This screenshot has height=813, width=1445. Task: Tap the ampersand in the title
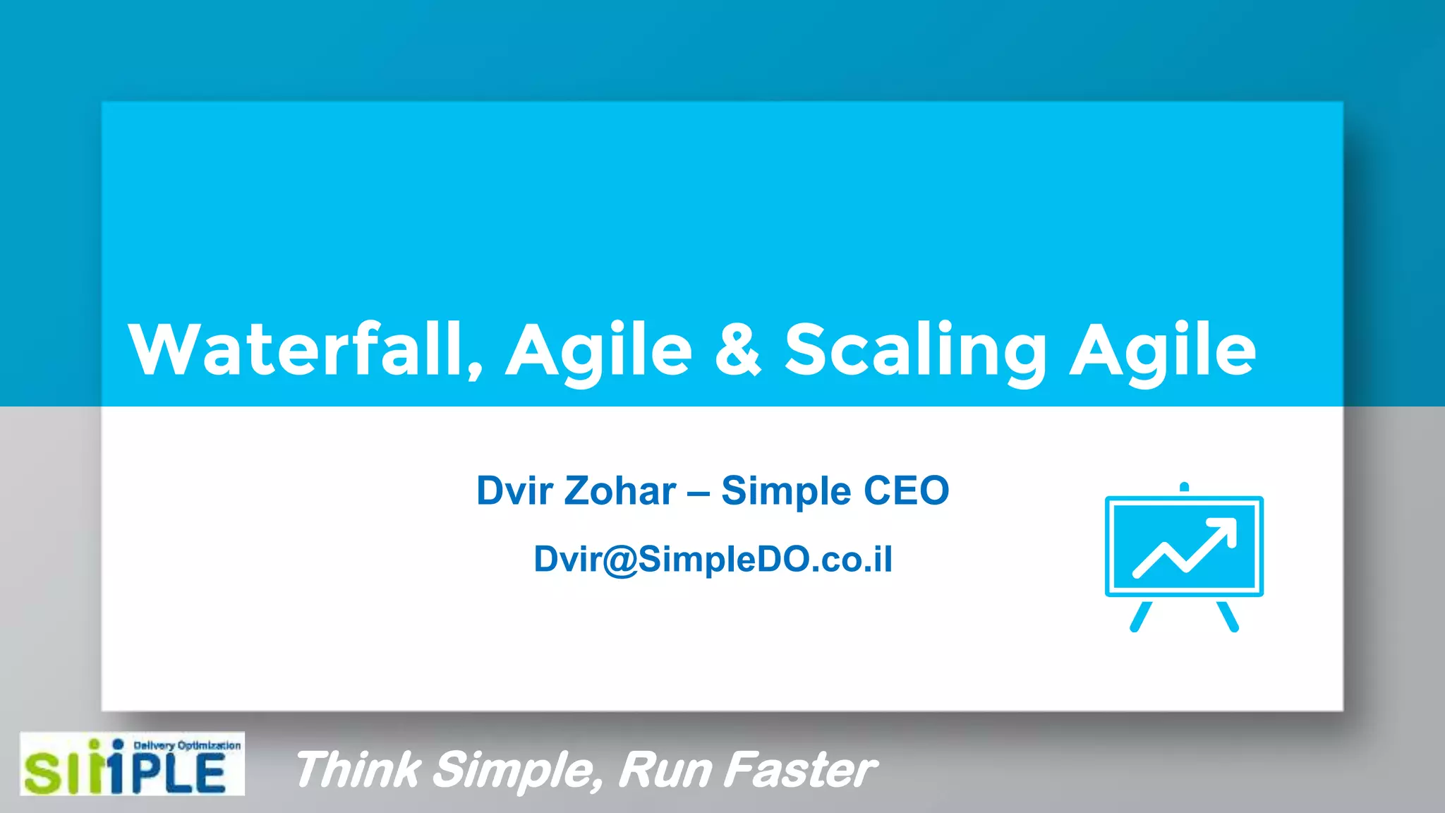(738, 350)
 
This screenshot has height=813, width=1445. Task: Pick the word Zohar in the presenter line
(620, 491)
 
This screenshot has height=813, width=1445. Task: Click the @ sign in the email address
(620, 560)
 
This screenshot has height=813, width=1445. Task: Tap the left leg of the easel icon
(1140, 617)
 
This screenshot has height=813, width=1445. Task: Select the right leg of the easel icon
(1228, 617)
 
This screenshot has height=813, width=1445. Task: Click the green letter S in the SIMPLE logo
(42, 773)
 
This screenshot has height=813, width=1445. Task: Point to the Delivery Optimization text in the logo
(187, 745)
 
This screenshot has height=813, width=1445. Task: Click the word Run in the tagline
(664, 769)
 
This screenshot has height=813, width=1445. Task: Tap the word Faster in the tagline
(801, 769)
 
